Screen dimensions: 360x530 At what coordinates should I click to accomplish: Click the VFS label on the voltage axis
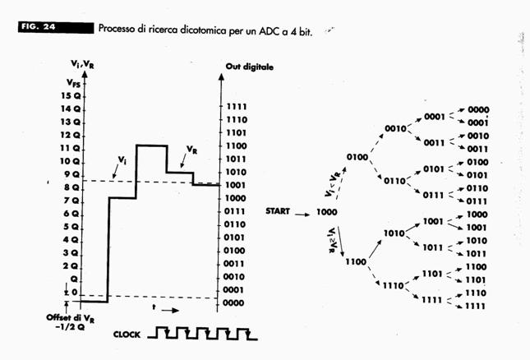click(73, 82)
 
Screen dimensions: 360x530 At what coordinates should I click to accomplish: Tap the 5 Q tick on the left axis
click(73, 226)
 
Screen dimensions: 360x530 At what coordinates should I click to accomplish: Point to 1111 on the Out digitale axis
click(236, 107)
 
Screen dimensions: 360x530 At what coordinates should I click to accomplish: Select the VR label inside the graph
click(191, 151)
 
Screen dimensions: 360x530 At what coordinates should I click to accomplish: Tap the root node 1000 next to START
click(325, 212)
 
